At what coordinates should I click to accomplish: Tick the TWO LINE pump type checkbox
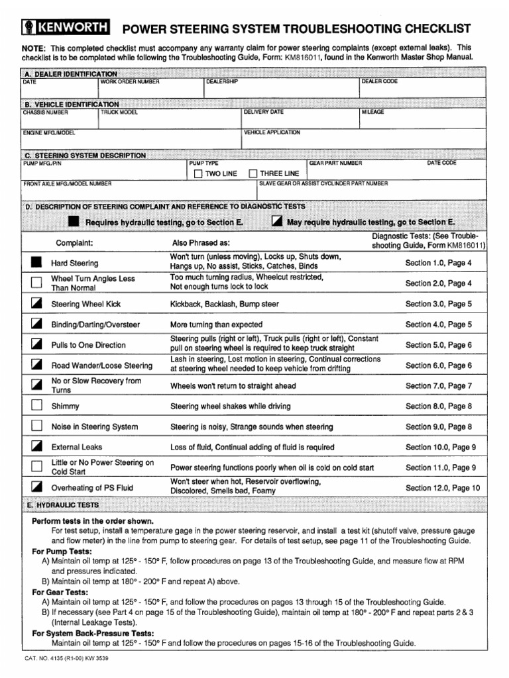[198, 173]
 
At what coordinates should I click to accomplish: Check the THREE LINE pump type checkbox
[253, 173]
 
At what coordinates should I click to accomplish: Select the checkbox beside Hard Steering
[36, 263]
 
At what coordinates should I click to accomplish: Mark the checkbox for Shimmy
[36, 406]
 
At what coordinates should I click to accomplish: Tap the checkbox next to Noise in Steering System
[36, 426]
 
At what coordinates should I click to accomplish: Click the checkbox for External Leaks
[36, 447]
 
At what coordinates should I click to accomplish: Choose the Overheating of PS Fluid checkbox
[36, 487]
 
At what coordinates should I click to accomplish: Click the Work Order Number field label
[130, 81]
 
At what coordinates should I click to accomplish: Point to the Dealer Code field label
[379, 81]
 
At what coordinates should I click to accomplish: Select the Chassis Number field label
[46, 113]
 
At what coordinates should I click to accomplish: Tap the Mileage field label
[372, 113]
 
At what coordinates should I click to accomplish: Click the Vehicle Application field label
[272, 132]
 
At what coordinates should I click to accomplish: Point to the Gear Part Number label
[335, 163]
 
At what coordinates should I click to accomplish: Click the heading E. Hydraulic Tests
[61, 505]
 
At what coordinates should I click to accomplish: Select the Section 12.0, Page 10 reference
[442, 488]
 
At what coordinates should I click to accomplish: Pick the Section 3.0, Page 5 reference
[438, 304]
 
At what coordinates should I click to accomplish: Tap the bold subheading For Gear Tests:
[60, 592]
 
